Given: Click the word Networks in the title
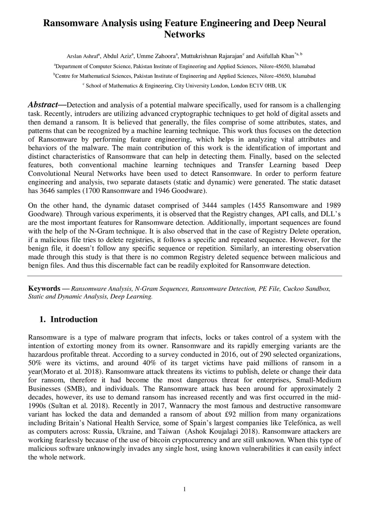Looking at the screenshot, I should (184, 35).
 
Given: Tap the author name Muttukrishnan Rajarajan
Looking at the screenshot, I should (211, 56).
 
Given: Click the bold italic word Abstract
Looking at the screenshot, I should (43, 105).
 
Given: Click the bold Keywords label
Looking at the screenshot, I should (44, 288).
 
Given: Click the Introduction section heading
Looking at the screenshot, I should (74, 319).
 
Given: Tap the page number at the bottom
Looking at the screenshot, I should (184, 489).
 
